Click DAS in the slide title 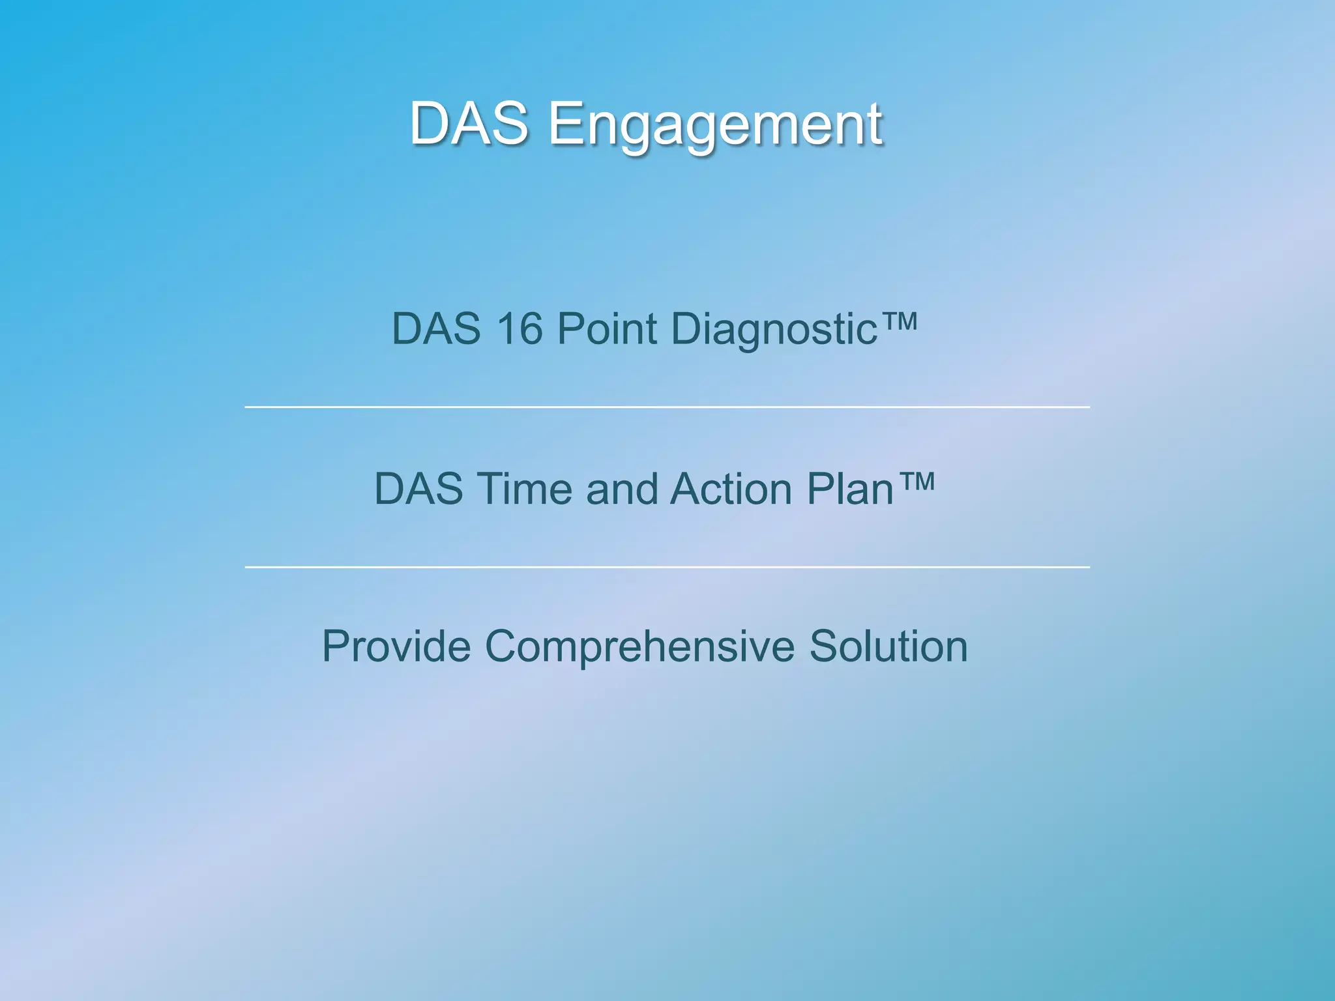tap(469, 124)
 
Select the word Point tap(607, 328)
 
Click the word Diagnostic tap(774, 330)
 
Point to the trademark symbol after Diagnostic tap(899, 321)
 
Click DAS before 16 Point tap(435, 328)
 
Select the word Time tap(524, 489)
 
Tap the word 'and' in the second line tap(622, 489)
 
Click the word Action tap(730, 489)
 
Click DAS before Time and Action tap(418, 489)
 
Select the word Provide tap(396, 646)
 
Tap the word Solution tap(888, 646)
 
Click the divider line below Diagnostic tap(667, 407)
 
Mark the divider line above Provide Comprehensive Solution tap(667, 568)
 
